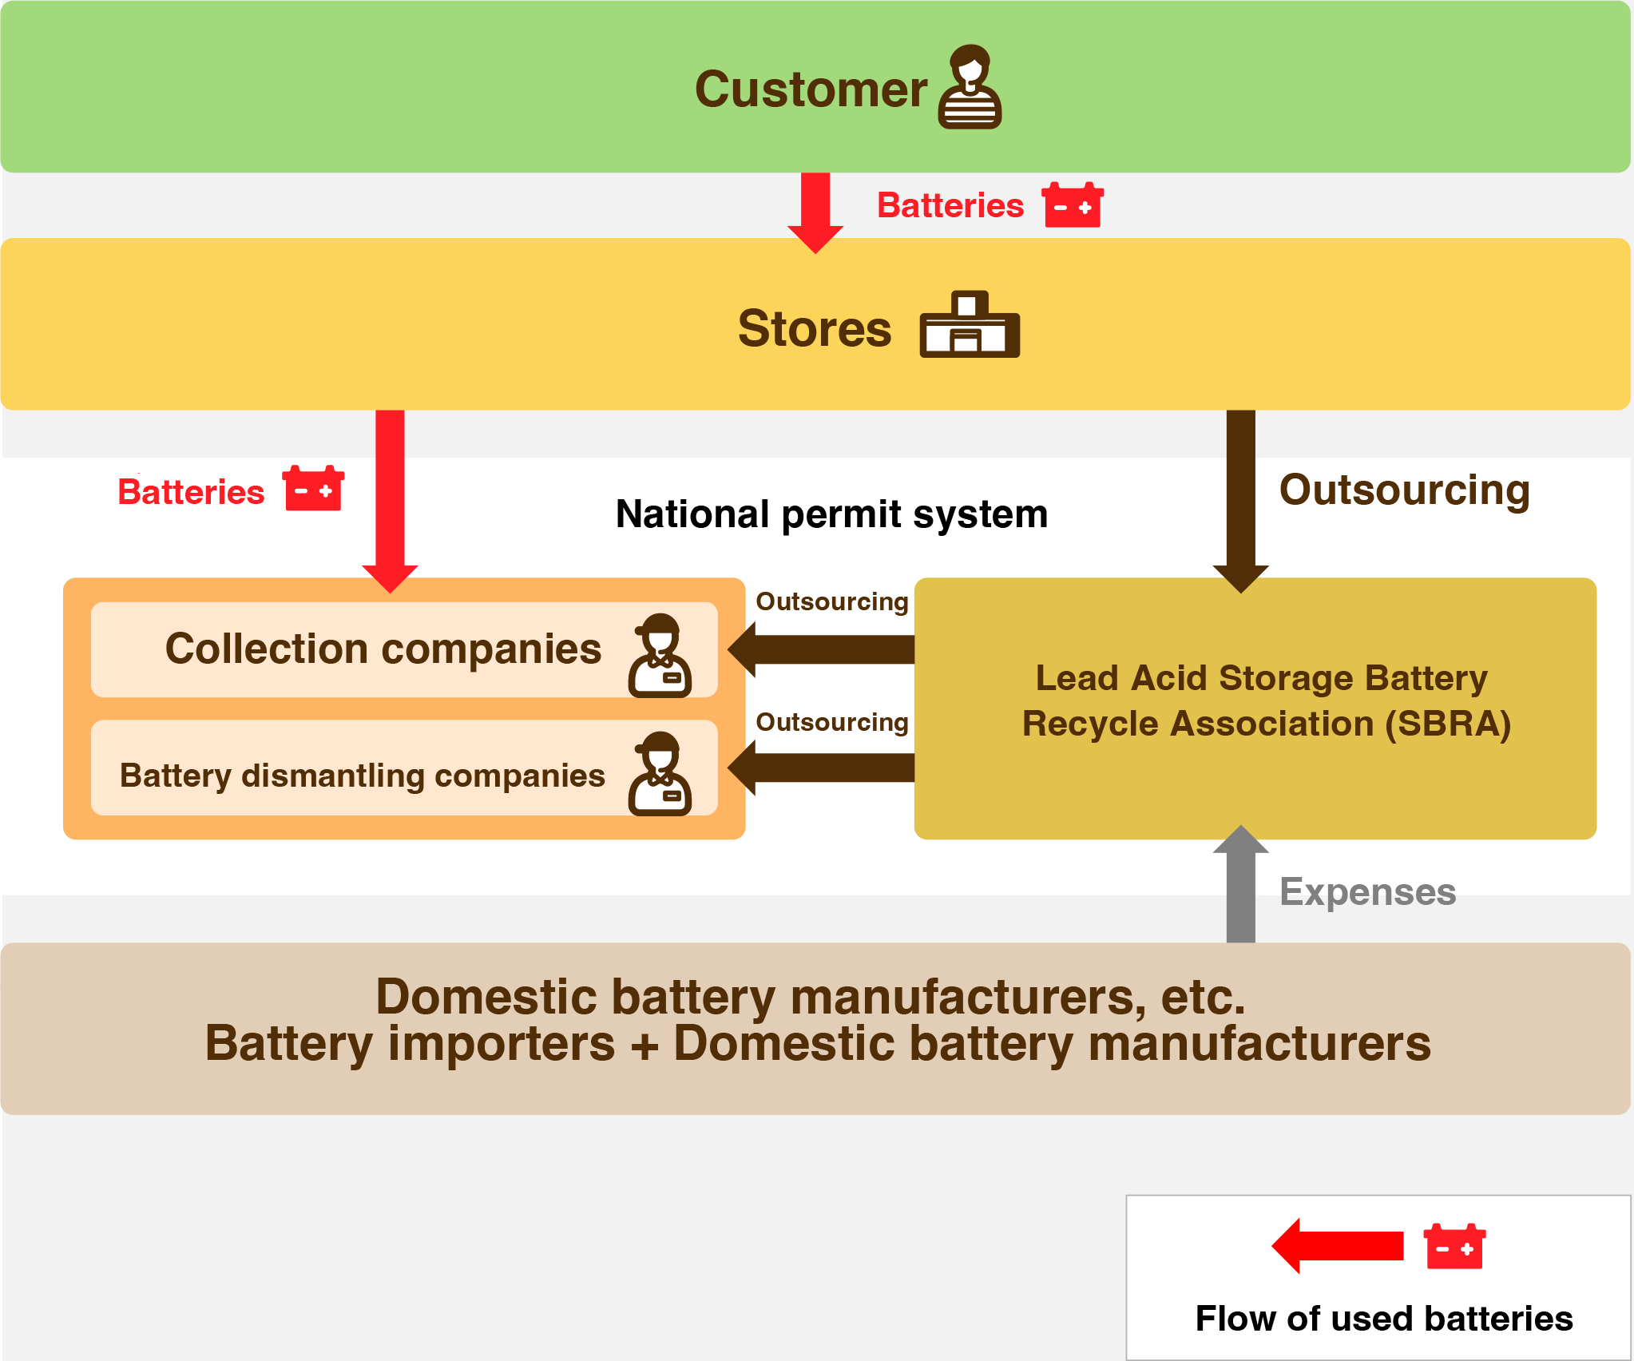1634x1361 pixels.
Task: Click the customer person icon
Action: [970, 87]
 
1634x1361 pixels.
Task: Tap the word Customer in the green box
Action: [811, 89]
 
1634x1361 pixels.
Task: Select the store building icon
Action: [970, 325]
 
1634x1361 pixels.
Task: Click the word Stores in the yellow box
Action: [814, 328]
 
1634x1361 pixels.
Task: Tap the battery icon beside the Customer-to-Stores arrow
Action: [1073, 205]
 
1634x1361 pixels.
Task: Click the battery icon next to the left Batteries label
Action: [313, 488]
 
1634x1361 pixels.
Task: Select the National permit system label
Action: [831, 514]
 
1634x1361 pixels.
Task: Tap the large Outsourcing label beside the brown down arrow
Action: [1404, 490]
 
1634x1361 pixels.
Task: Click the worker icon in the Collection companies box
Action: [660, 656]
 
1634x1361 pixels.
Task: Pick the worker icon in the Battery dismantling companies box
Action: [660, 774]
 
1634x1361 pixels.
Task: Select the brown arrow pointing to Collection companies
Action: [823, 649]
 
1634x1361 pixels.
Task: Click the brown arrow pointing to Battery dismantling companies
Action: [823, 768]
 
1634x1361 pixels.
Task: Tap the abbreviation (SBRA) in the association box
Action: [1447, 724]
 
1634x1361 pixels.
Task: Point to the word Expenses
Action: [1367, 891]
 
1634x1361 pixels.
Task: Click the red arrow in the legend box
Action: [1339, 1245]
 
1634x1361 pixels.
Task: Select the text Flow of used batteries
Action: [1383, 1318]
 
